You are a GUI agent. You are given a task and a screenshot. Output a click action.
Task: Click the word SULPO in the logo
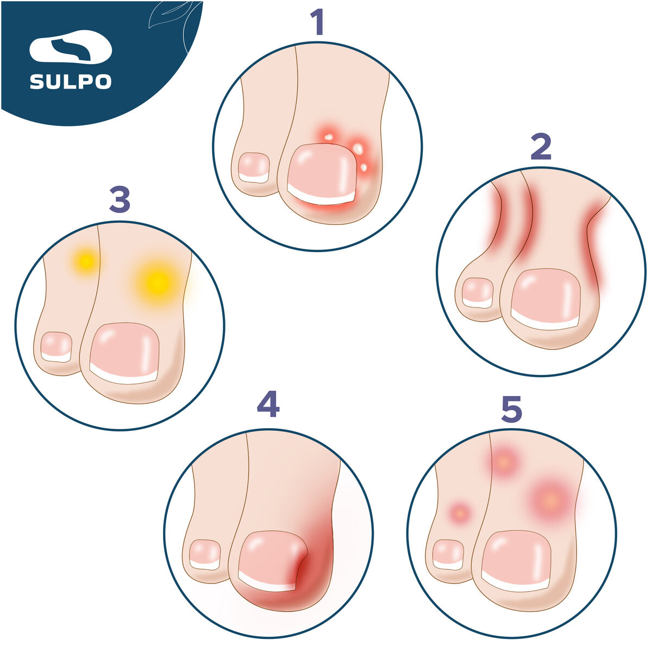point(71,81)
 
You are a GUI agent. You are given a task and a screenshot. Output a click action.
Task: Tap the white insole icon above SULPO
point(71,47)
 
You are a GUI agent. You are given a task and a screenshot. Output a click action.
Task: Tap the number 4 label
point(268,404)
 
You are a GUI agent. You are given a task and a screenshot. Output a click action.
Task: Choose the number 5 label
point(511,410)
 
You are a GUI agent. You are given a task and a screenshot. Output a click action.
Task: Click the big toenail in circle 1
point(322,174)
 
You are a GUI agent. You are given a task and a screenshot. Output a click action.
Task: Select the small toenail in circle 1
point(254,168)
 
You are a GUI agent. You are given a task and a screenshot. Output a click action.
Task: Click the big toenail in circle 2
point(546,299)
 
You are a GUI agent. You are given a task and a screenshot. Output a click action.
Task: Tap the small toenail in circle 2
point(478,293)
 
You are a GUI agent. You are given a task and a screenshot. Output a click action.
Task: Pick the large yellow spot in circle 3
point(158,283)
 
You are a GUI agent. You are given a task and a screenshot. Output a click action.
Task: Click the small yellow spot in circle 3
point(86,261)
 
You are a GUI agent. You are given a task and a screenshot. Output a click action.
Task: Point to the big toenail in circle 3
point(124,353)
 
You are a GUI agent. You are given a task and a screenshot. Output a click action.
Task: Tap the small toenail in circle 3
point(56,347)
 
